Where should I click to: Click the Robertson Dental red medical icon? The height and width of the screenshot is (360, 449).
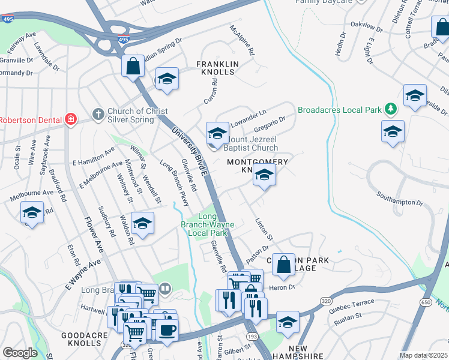[x=71, y=119]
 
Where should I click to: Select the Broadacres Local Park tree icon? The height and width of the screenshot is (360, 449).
[x=391, y=109]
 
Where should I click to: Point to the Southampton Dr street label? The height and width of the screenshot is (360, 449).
[x=400, y=199]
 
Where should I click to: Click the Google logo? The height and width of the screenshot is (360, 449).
[x=19, y=353]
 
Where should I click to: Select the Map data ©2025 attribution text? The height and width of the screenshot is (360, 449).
[x=424, y=355]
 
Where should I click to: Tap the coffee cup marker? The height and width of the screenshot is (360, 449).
[x=167, y=329]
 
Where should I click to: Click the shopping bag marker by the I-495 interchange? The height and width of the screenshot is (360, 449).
[x=133, y=67]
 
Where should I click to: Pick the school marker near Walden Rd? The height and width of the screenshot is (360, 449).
[x=142, y=224]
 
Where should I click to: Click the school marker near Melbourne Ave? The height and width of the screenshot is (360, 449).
[x=32, y=213]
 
